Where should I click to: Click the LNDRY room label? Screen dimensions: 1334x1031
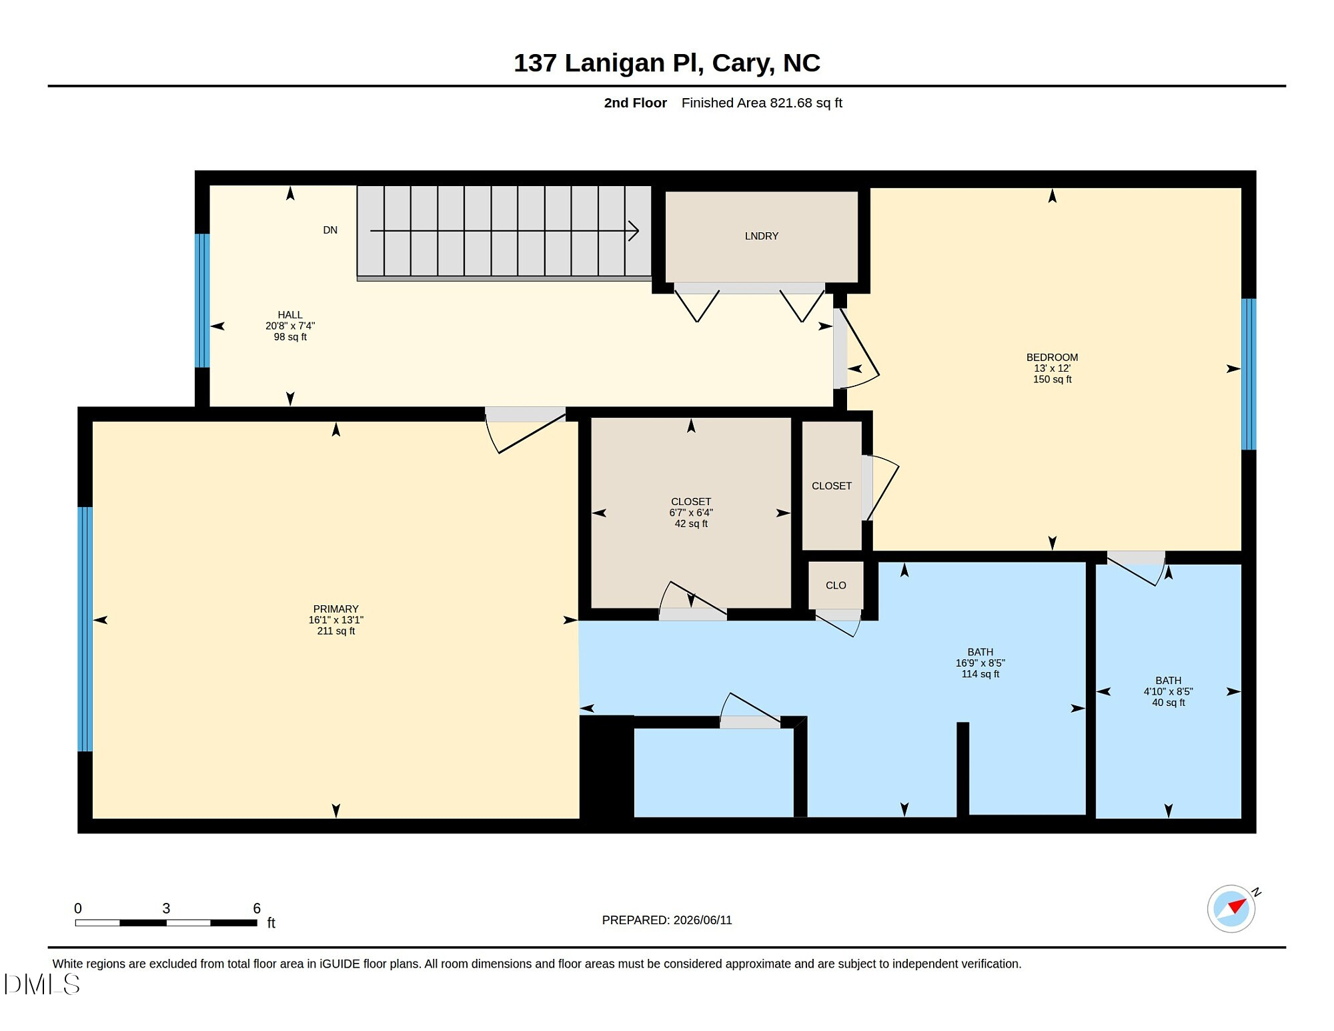[x=762, y=236]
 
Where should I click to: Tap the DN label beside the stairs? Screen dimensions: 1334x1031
[x=330, y=230]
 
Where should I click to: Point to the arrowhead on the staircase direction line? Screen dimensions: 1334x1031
[x=634, y=231]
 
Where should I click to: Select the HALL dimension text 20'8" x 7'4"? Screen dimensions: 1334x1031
[x=290, y=326]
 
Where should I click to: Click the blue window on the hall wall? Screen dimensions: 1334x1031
[x=202, y=300]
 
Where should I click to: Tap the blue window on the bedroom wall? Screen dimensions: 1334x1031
[x=1249, y=374]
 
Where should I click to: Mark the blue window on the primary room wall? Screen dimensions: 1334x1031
[x=85, y=629]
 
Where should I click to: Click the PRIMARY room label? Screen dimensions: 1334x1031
[x=336, y=609]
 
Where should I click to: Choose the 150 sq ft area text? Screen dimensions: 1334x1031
[x=1053, y=380]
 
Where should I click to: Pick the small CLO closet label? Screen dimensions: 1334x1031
[x=836, y=586]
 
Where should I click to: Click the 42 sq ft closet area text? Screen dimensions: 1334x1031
[x=691, y=524]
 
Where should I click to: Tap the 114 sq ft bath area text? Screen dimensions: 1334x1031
[x=980, y=675]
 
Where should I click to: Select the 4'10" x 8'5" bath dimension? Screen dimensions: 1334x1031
[x=1169, y=692]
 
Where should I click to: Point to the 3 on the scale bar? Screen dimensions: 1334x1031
[x=166, y=909]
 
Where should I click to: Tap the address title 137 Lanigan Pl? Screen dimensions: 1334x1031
[x=608, y=63]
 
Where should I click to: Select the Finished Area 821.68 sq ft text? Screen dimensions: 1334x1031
[x=762, y=103]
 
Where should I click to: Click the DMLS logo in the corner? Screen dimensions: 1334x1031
[x=41, y=984]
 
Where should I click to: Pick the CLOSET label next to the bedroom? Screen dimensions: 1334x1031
[x=832, y=486]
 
